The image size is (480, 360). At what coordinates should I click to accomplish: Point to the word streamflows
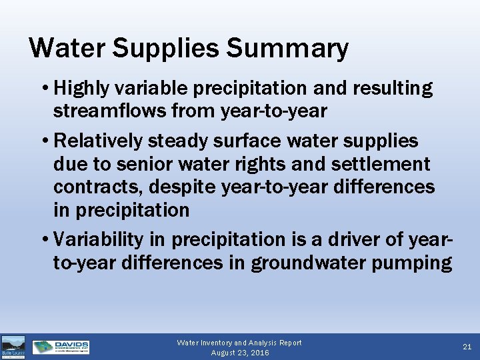109,111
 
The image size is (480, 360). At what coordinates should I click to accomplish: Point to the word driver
363,239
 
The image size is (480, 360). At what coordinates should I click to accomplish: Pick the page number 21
466,347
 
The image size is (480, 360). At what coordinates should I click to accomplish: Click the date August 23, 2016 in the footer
239,352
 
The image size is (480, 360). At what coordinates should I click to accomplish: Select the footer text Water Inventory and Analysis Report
239,343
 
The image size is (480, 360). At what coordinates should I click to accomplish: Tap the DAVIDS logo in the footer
61,347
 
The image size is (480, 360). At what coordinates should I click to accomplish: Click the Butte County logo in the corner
13,347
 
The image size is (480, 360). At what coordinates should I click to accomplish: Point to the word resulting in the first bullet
389,88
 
